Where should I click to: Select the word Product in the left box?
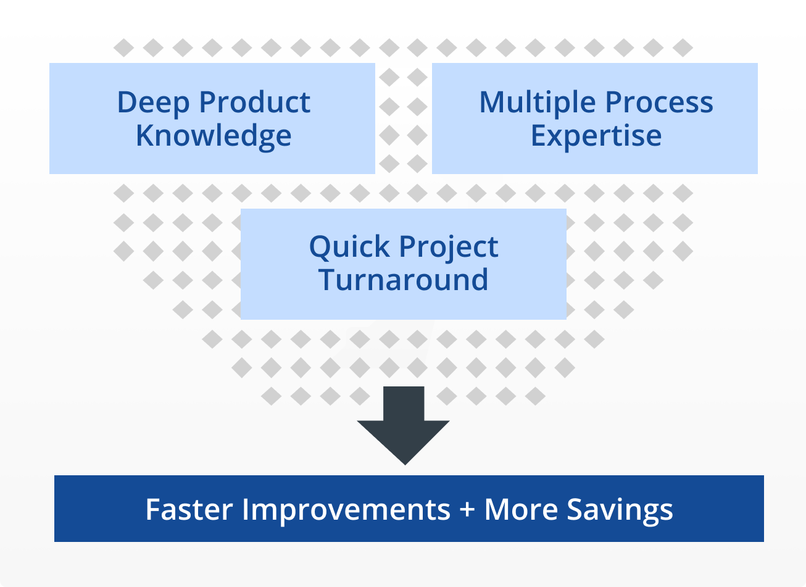255,102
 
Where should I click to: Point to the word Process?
659,102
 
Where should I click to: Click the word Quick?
349,248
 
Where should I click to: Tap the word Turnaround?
404,280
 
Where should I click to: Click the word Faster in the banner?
189,510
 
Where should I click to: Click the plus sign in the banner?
467,510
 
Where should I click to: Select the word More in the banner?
521,510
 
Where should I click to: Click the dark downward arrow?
404,425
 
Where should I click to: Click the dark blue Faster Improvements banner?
409,509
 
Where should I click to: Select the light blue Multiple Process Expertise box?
595,119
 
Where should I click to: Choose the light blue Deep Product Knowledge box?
212,119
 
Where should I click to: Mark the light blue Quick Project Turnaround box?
404,264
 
